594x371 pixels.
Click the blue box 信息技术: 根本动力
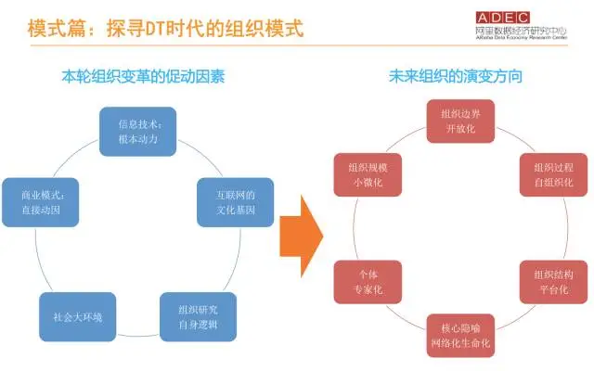click(136, 131)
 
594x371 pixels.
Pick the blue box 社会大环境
click(77, 315)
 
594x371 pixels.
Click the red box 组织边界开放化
click(461, 121)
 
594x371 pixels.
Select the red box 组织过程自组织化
click(553, 174)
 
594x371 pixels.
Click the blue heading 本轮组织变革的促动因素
click(138, 76)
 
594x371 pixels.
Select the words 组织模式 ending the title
click(267, 28)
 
